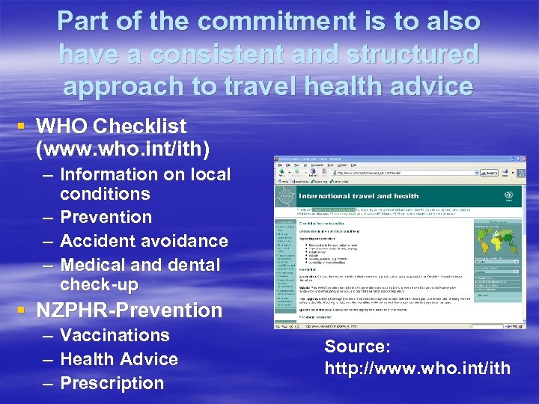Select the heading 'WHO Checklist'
point(111,126)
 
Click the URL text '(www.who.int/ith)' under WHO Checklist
point(122,150)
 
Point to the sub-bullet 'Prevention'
point(106,218)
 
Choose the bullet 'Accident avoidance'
point(144,241)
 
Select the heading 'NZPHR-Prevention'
point(129,310)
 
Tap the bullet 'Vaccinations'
point(115,335)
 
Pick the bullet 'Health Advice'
point(119,359)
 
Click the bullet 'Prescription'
point(112,383)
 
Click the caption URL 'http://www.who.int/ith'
point(417,368)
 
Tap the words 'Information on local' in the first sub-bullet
point(145,174)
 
